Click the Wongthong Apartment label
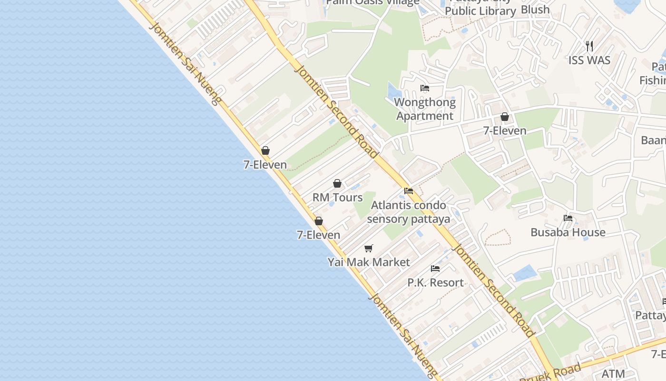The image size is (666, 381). pyautogui.click(x=425, y=109)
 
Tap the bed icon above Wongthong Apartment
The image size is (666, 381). pyautogui.click(x=425, y=88)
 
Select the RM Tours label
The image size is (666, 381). pyautogui.click(x=337, y=197)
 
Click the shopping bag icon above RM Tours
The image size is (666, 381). pyautogui.click(x=337, y=183)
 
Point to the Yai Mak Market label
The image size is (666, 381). pyautogui.click(x=369, y=262)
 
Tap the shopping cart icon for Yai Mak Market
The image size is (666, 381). pyautogui.click(x=369, y=248)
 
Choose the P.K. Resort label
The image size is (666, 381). pyautogui.click(x=435, y=282)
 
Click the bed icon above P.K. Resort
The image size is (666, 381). pyautogui.click(x=435, y=269)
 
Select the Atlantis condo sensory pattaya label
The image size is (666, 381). pyautogui.click(x=409, y=212)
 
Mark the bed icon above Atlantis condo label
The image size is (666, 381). pyautogui.click(x=409, y=191)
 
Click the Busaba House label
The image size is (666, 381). pyautogui.click(x=568, y=232)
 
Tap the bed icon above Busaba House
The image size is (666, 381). pyautogui.click(x=568, y=218)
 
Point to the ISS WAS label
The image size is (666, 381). pyautogui.click(x=589, y=60)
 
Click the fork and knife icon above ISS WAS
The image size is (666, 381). pyautogui.click(x=589, y=46)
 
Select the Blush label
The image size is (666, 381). pyautogui.click(x=535, y=10)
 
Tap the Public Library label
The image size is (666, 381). pyautogui.click(x=480, y=11)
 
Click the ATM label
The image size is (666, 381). pyautogui.click(x=613, y=374)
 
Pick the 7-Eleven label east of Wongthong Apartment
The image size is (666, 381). pyautogui.click(x=505, y=130)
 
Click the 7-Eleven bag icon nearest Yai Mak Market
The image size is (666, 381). pyautogui.click(x=319, y=221)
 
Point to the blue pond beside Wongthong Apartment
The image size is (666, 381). pyautogui.click(x=393, y=90)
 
